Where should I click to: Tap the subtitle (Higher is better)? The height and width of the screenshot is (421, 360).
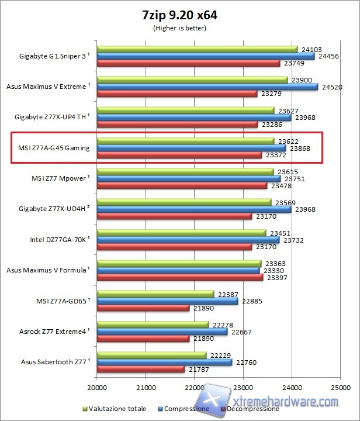click(x=179, y=27)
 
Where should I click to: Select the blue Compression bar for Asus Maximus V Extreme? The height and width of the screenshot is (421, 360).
click(x=207, y=87)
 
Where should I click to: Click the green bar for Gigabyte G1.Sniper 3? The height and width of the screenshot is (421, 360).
click(x=197, y=49)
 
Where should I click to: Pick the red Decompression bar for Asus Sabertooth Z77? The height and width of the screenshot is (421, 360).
click(x=140, y=369)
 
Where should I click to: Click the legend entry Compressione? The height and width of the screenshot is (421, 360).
click(x=186, y=409)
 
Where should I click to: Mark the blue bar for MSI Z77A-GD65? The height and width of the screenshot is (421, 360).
click(x=167, y=301)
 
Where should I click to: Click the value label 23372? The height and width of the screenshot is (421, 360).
click(x=275, y=155)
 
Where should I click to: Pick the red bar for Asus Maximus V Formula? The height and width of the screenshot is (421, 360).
click(x=179, y=278)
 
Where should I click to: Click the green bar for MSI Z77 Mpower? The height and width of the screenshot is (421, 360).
click(x=185, y=171)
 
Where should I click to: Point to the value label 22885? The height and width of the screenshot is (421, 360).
click(x=252, y=301)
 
